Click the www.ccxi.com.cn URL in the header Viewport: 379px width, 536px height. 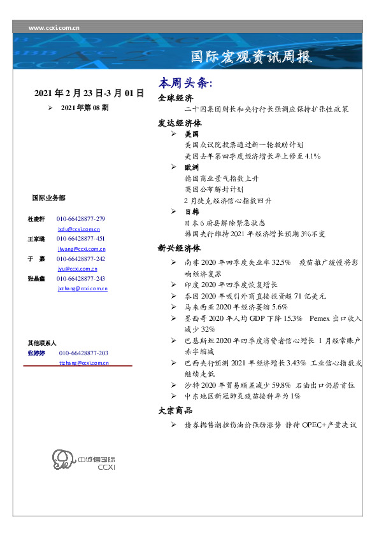click(x=54, y=28)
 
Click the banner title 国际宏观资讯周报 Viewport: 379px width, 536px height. click(x=252, y=57)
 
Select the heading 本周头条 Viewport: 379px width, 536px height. click(x=185, y=84)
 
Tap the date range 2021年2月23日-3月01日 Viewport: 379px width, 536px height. click(x=89, y=94)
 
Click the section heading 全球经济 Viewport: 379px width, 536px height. click(x=175, y=98)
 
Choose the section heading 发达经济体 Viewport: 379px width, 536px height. click(x=179, y=123)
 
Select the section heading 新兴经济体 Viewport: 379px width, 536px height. click(x=179, y=248)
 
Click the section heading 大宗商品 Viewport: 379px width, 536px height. click(x=175, y=411)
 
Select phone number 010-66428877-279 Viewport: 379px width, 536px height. click(x=81, y=219)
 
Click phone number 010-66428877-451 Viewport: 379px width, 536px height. click(x=81, y=239)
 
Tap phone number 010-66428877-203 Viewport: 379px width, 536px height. click(x=83, y=353)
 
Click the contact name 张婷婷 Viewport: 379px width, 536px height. click(x=36, y=353)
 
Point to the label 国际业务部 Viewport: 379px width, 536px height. click(x=48, y=198)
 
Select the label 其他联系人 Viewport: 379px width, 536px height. click(x=42, y=343)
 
